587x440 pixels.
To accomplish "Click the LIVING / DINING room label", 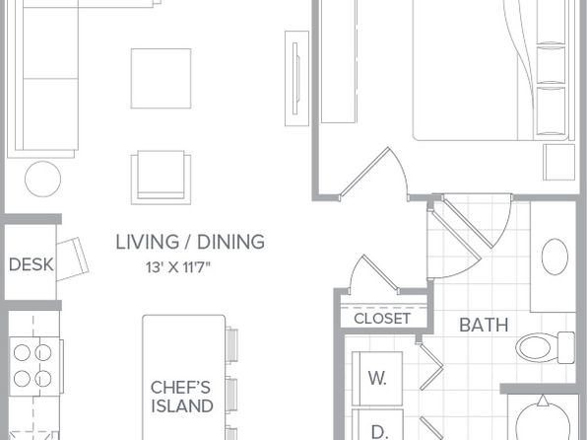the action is click(190, 242).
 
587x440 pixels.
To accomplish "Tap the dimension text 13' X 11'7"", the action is click(178, 267).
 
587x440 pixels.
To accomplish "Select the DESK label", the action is click(32, 264).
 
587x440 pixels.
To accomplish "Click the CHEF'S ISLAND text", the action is click(182, 397).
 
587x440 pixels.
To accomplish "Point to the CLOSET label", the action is click(382, 319).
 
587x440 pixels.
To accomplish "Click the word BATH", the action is click(484, 326).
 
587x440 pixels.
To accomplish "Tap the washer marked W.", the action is click(377, 379).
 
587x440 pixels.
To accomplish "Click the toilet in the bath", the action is click(545, 347).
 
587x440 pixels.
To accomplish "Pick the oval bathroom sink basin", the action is click(554, 257).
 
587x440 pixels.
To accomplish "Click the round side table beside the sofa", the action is click(42, 179).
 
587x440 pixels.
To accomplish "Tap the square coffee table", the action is click(161, 78).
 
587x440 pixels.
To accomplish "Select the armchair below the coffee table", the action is click(161, 178).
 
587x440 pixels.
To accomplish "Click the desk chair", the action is click(73, 258).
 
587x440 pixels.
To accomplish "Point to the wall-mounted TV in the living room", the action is click(296, 78).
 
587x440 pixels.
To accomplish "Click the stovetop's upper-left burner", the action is click(22, 353).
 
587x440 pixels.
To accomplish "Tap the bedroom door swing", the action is click(374, 174).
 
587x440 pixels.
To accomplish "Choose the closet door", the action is click(374, 274).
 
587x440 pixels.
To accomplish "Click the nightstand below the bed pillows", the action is click(558, 162).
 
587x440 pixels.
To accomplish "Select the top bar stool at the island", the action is click(231, 345).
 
